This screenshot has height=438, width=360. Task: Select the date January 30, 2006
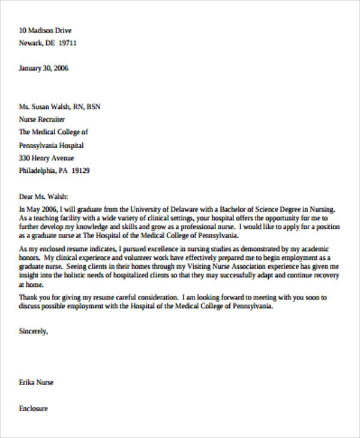click(44, 68)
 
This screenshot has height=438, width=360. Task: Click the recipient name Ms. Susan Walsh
click(46, 107)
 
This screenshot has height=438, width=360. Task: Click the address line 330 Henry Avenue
click(46, 158)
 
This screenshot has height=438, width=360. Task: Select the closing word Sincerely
click(33, 331)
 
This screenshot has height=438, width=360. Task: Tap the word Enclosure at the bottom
click(34, 409)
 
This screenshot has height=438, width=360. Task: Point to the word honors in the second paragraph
click(30, 258)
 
